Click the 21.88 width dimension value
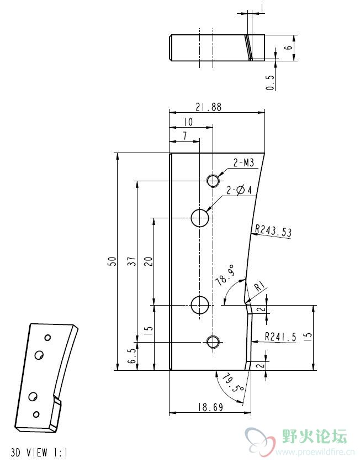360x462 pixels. [x=208, y=107]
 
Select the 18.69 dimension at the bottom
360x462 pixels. [x=210, y=407]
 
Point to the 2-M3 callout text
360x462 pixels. [x=243, y=162]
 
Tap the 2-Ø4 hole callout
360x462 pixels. [x=239, y=190]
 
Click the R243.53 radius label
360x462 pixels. [x=273, y=230]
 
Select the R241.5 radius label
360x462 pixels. [x=280, y=337]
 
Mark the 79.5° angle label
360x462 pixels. [x=232, y=382]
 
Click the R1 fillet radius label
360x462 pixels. [x=260, y=286]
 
